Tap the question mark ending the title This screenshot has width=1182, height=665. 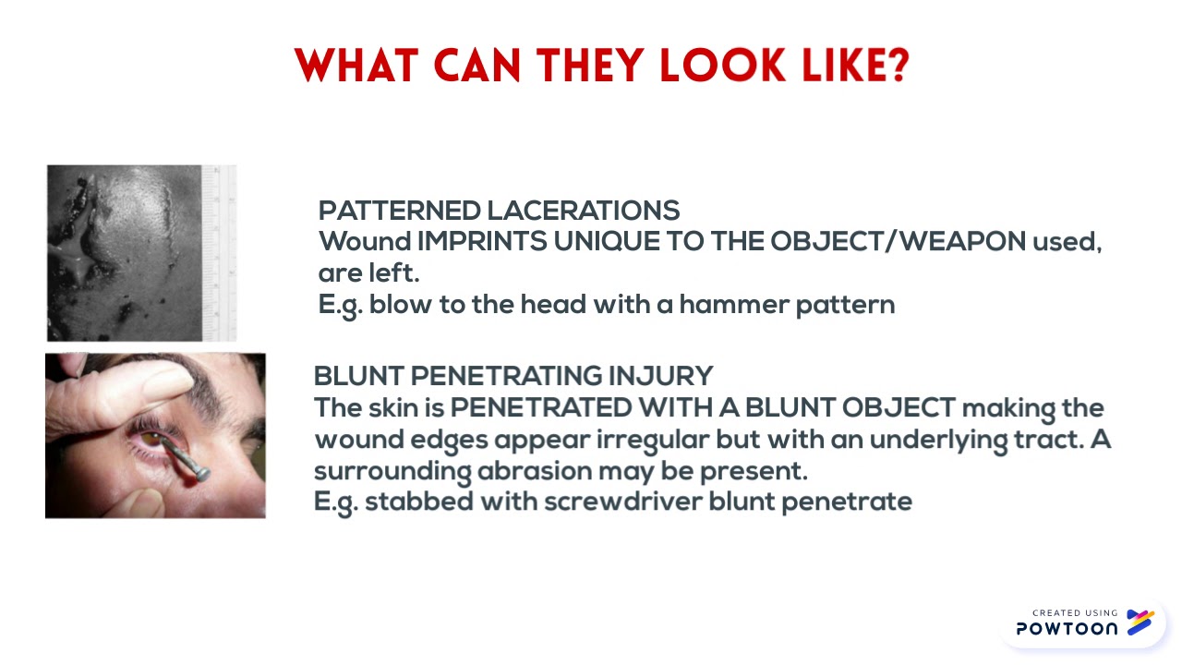(895, 66)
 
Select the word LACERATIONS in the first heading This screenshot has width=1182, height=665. (583, 211)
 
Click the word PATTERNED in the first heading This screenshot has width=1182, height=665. (399, 211)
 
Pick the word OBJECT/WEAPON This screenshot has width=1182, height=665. (898, 242)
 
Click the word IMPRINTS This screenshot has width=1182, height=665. (482, 242)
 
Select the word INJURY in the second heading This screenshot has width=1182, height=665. (660, 376)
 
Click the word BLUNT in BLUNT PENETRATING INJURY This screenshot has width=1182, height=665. (358, 376)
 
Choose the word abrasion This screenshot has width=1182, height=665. (534, 471)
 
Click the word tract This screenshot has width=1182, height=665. (1048, 440)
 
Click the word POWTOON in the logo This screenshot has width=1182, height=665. (1067, 629)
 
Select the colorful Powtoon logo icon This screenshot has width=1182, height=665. (1140, 623)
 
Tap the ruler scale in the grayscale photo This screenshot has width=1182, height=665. (220, 253)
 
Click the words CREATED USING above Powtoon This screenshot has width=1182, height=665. (1075, 612)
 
